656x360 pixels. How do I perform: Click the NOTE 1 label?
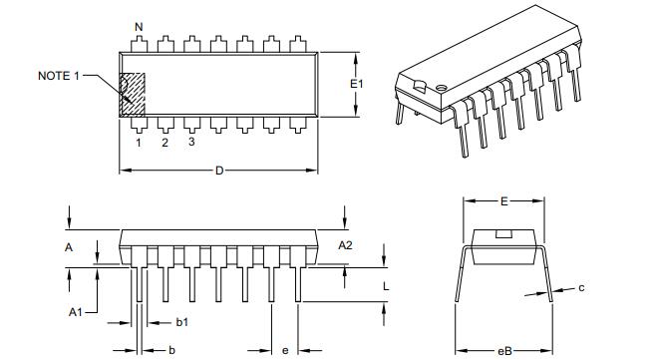[x=59, y=76]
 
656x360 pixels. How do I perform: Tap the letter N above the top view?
[x=139, y=26]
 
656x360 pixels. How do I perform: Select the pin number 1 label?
[x=138, y=142]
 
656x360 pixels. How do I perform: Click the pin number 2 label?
[x=164, y=142]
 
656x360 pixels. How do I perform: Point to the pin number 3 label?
[x=191, y=142]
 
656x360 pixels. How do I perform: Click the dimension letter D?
[x=219, y=171]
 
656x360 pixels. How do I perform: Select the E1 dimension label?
[x=357, y=85]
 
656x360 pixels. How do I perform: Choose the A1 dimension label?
[x=75, y=312]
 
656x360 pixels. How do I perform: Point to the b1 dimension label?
[x=182, y=322]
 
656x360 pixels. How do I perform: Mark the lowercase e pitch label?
[x=285, y=350]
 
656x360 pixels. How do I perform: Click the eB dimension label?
[x=505, y=350]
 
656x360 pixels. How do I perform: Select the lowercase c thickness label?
[x=581, y=288]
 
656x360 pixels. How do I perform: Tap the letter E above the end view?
[x=505, y=201]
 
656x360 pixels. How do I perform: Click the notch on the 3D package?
[x=425, y=84]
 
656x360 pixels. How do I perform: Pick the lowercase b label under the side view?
[x=171, y=350]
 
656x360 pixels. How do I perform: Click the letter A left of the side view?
[x=69, y=246]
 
